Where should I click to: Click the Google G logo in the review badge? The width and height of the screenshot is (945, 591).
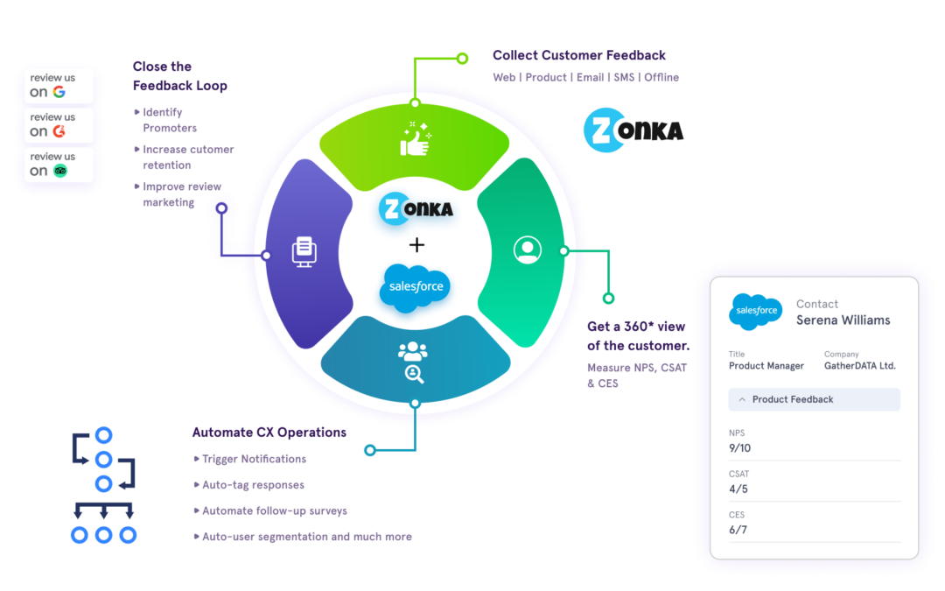[59, 92]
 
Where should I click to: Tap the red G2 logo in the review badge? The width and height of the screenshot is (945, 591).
[59, 131]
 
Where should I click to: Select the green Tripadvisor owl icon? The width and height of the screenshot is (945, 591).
[59, 171]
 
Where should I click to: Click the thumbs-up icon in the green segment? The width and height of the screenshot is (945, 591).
[415, 140]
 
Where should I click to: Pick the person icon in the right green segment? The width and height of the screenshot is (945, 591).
[527, 250]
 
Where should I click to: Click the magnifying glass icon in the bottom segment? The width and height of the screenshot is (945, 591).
[414, 374]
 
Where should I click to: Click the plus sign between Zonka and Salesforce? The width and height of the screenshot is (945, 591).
[416, 245]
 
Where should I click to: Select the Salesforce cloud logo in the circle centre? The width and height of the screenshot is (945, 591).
[416, 286]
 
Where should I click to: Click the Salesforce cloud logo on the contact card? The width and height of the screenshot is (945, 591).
[755, 311]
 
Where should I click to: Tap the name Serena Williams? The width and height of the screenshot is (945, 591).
[843, 320]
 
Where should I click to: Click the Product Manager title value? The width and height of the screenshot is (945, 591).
[766, 366]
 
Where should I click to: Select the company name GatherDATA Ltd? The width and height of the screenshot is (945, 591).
[859, 366]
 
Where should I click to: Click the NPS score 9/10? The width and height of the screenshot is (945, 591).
[739, 448]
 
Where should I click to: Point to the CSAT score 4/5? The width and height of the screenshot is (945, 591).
[738, 489]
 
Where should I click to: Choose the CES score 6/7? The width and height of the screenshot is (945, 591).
[738, 530]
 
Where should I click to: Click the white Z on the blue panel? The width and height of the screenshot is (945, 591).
[601, 130]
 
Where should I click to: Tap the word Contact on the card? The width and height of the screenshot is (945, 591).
[817, 304]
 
